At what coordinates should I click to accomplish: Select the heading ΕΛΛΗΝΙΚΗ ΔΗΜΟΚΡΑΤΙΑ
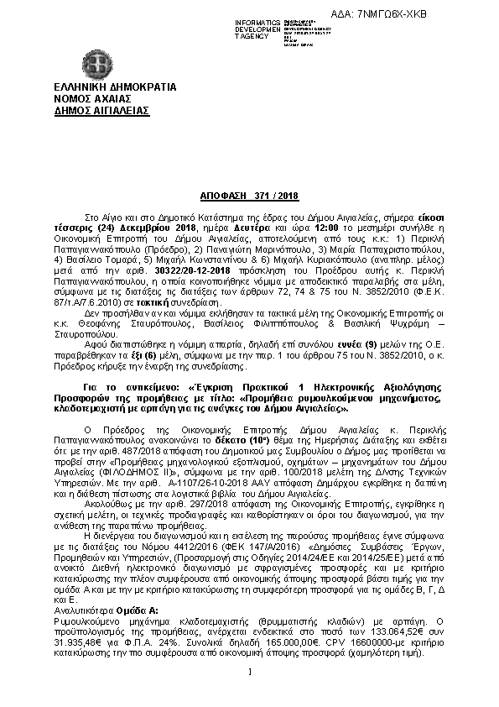click(102, 86)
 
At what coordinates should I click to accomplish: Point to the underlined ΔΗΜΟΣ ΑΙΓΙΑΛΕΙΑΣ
click(101, 109)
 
